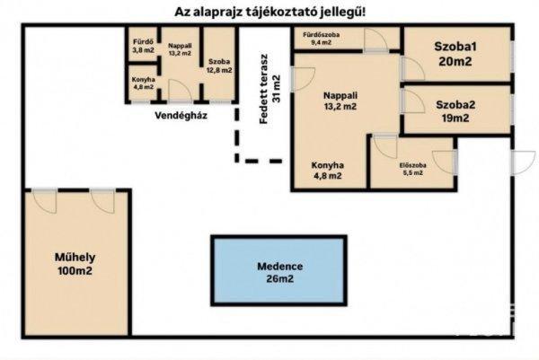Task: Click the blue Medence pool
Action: tap(278, 270)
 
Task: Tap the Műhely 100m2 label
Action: tap(75, 264)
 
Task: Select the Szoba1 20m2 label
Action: tap(455, 54)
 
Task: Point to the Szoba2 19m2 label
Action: tap(455, 111)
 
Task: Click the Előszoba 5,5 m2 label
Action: tap(413, 169)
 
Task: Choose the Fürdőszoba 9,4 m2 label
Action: tap(321, 39)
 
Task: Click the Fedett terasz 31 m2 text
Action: tap(270, 89)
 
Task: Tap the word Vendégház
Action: tap(181, 116)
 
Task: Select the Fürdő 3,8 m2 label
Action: tap(144, 46)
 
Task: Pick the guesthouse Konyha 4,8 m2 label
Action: tap(144, 83)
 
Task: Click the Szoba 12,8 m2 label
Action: tap(219, 66)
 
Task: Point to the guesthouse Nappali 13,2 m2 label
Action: tap(180, 49)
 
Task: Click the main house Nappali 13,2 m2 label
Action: tap(340, 101)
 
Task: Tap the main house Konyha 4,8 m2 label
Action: tap(327, 171)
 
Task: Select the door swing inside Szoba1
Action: tap(413, 68)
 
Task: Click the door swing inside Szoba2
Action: tap(413, 101)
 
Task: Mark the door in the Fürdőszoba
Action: tap(376, 40)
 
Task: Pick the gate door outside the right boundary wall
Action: tap(523, 162)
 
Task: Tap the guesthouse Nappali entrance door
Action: tap(181, 91)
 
